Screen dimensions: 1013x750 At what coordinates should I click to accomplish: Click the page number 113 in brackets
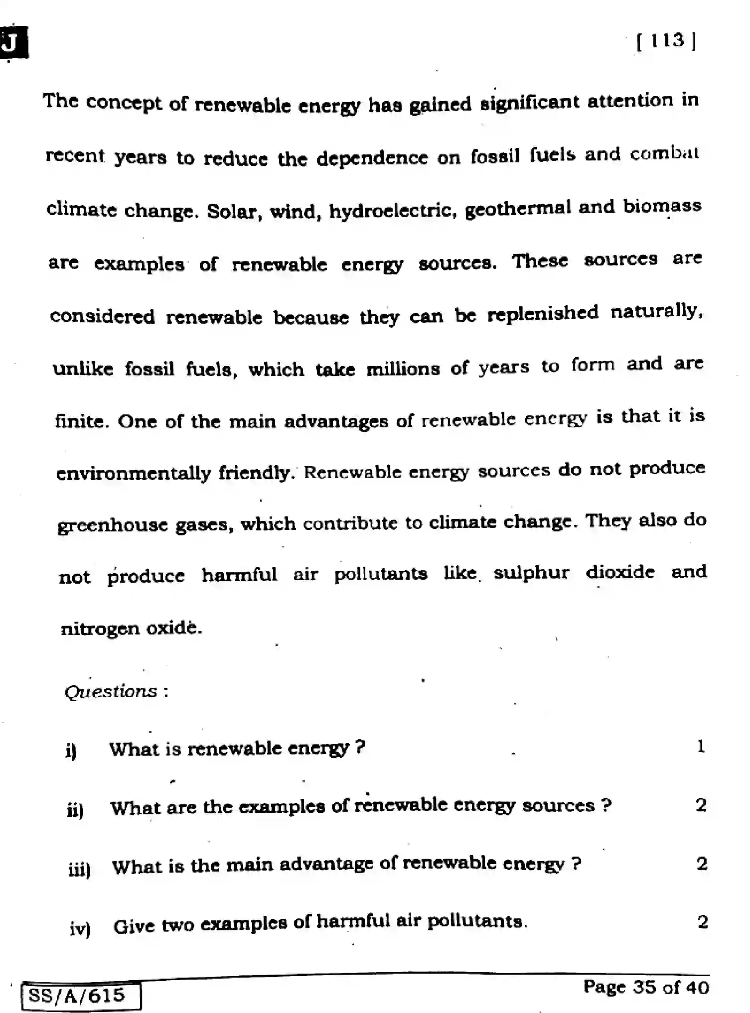tap(666, 40)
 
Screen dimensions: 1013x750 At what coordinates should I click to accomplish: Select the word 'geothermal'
tap(517, 209)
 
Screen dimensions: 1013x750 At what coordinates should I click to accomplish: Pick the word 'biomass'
tap(662, 206)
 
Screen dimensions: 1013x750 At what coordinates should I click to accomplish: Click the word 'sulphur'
tap(531, 573)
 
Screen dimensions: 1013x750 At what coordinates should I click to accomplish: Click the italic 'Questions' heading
tap(111, 692)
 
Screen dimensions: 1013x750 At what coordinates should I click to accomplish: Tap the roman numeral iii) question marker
tap(79, 870)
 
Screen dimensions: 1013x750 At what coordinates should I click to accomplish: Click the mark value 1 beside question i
tap(701, 747)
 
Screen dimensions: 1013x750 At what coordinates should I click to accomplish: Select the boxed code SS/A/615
tap(77, 996)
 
